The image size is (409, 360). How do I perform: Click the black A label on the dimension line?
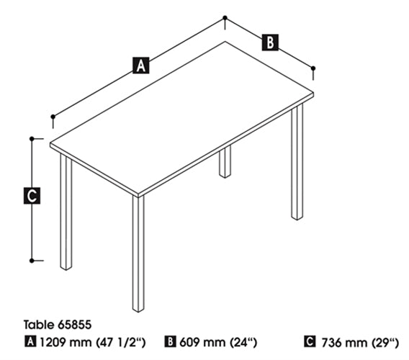coord(141,66)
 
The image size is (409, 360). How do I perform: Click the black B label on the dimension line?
coord(270,42)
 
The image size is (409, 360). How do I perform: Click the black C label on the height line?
coord(32,195)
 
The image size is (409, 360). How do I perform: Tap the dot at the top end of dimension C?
coord(32,138)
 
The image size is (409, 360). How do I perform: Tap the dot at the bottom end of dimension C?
coord(32,261)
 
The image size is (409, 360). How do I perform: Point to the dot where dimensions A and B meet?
coord(225,18)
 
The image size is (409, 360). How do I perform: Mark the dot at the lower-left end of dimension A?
coord(53,117)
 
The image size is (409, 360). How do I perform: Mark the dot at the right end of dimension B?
coord(313,68)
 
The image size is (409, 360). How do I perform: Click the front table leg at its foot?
coord(138,308)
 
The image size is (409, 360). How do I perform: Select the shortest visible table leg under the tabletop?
coord(225,162)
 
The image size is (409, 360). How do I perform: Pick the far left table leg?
coord(66,212)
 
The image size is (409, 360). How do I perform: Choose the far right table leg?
coord(297,162)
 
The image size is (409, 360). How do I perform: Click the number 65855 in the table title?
coord(75,325)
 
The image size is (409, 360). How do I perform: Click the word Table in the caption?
coord(40,325)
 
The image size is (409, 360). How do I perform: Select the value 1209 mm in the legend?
coord(66,342)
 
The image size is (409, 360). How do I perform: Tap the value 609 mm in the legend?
coord(202,342)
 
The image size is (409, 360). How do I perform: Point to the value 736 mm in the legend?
coord(344,343)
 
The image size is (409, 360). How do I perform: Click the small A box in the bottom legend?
coord(30,342)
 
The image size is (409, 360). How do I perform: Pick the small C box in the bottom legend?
coord(310,342)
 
